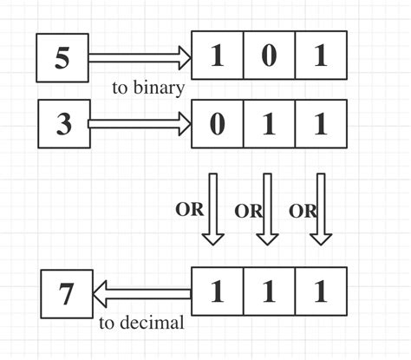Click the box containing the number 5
[62, 58]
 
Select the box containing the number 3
[62, 124]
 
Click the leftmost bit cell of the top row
[217, 58]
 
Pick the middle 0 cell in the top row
[269, 58]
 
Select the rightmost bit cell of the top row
[321, 58]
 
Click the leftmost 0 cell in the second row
[217, 124]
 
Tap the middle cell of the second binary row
[269, 124]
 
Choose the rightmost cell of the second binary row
[321, 124]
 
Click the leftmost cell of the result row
[217, 293]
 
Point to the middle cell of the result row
[269, 293]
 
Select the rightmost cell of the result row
[321, 293]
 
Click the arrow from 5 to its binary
[139, 58]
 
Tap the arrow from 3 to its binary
[139, 124]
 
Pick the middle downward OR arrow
[267, 208]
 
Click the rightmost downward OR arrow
[322, 208]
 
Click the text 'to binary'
[147, 88]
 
